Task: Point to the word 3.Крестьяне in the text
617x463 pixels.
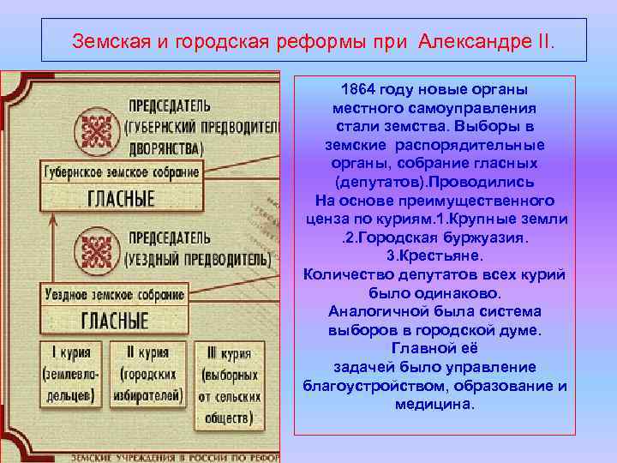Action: click(x=434, y=256)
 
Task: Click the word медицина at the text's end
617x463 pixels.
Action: click(x=434, y=403)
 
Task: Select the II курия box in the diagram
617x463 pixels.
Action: click(x=149, y=375)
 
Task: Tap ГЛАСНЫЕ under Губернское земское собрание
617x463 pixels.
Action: click(x=122, y=198)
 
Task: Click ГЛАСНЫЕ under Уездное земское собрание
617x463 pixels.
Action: click(x=115, y=320)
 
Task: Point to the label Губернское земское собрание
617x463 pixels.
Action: click(x=121, y=171)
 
